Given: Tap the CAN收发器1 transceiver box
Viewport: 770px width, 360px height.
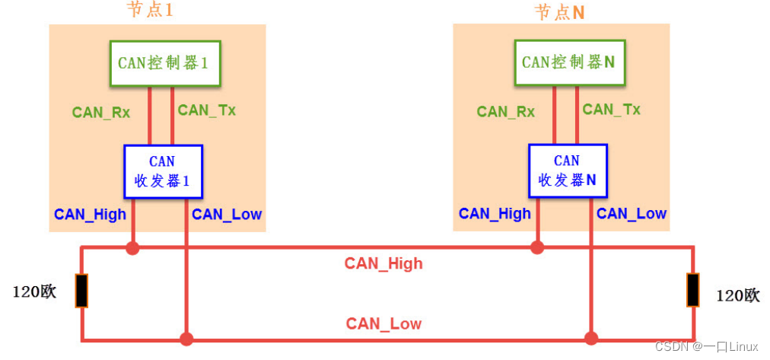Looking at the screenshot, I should tap(163, 171).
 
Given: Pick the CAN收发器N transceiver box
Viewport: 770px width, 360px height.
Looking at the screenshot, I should tap(568, 171).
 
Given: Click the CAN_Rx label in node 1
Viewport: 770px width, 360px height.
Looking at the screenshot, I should tap(101, 113).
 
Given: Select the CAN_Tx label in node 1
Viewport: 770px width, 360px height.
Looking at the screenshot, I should tap(207, 110).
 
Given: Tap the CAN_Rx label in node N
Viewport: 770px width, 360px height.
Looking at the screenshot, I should tap(506, 112).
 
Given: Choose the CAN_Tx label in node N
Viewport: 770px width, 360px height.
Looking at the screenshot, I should tap(612, 110).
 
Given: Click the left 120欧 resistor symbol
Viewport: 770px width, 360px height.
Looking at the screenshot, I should tap(81, 291).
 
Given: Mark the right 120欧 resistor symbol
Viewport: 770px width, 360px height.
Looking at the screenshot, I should tap(692, 290).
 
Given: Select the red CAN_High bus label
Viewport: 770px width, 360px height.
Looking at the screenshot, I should tap(383, 264).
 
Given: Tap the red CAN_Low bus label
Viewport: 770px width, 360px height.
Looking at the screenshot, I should tap(383, 323).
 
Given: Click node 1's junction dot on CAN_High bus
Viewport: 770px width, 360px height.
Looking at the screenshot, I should tap(133, 247).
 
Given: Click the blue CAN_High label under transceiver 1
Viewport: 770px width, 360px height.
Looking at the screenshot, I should tap(90, 215).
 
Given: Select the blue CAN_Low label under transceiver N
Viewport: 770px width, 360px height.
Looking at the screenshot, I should tap(632, 214).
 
